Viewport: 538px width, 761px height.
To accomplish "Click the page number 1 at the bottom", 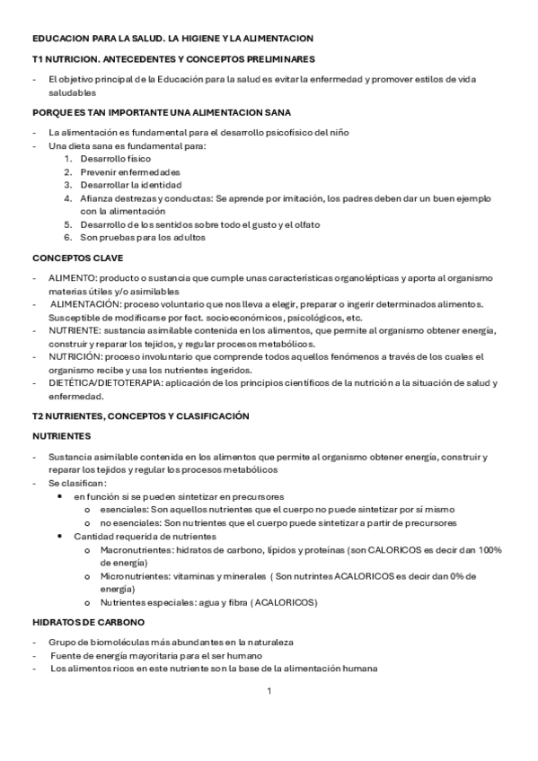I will [x=269, y=691].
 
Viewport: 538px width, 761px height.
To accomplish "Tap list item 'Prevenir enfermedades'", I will [x=130, y=171].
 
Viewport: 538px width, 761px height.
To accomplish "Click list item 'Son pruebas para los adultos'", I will [x=143, y=238].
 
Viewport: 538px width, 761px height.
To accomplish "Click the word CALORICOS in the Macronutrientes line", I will [x=410, y=549].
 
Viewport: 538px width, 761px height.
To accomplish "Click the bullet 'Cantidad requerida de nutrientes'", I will [x=145, y=536].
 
